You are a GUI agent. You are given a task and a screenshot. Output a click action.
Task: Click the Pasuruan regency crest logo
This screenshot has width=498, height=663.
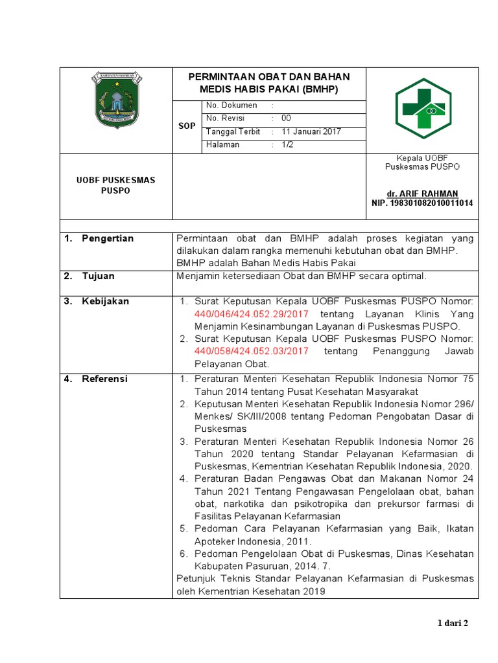(116, 100)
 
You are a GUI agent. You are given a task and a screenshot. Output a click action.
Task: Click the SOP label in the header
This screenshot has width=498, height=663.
(187, 126)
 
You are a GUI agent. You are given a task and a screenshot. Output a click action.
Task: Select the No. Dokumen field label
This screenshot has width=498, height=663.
(231, 105)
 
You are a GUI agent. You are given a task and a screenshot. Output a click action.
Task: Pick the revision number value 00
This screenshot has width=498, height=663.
(286, 118)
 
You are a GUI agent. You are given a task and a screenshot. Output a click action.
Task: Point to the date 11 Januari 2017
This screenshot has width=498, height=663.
(311, 131)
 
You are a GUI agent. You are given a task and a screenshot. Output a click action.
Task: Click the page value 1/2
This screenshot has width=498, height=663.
(287, 144)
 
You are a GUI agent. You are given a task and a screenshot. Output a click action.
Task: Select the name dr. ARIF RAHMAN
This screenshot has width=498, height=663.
(422, 194)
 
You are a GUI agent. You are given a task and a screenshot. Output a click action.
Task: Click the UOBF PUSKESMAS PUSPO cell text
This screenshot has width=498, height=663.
(116, 185)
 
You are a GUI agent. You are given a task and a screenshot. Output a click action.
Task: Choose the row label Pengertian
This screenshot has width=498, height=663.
(108, 238)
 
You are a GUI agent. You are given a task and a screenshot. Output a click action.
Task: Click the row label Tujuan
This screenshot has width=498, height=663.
(98, 276)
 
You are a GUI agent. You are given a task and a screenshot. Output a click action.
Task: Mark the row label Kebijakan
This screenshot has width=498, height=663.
(105, 301)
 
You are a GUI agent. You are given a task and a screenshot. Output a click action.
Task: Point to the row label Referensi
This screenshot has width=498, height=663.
(104, 379)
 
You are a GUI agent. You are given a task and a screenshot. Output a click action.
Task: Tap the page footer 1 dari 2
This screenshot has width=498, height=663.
(453, 624)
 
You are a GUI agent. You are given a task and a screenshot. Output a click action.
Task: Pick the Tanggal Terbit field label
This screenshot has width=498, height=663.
(233, 131)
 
